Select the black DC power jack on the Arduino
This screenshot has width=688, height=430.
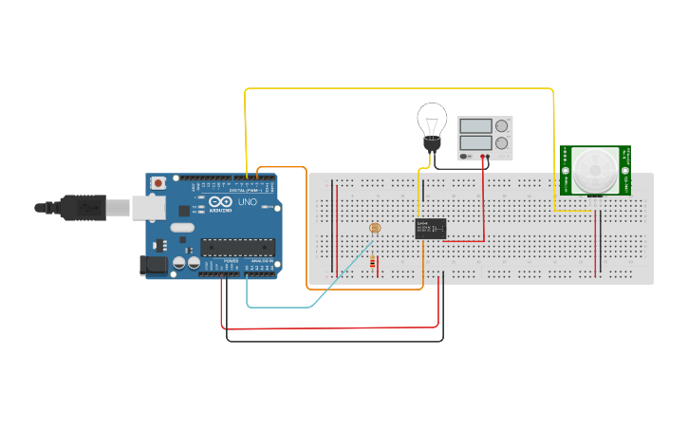(152, 265)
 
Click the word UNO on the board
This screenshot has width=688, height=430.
(247, 202)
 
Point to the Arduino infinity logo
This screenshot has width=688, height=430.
(221, 202)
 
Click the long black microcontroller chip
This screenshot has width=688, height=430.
(237, 248)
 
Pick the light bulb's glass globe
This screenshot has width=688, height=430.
(432, 121)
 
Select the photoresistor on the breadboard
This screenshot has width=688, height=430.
(374, 229)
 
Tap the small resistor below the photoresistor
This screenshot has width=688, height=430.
(373, 263)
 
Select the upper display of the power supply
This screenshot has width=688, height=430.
(474, 125)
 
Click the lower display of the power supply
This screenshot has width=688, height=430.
(474, 143)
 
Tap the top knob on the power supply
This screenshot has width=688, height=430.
(502, 125)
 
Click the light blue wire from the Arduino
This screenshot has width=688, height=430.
(285, 307)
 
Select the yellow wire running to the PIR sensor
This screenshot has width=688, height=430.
(399, 89)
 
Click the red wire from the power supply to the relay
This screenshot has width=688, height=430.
(484, 209)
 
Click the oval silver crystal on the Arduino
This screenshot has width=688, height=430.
(181, 228)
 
